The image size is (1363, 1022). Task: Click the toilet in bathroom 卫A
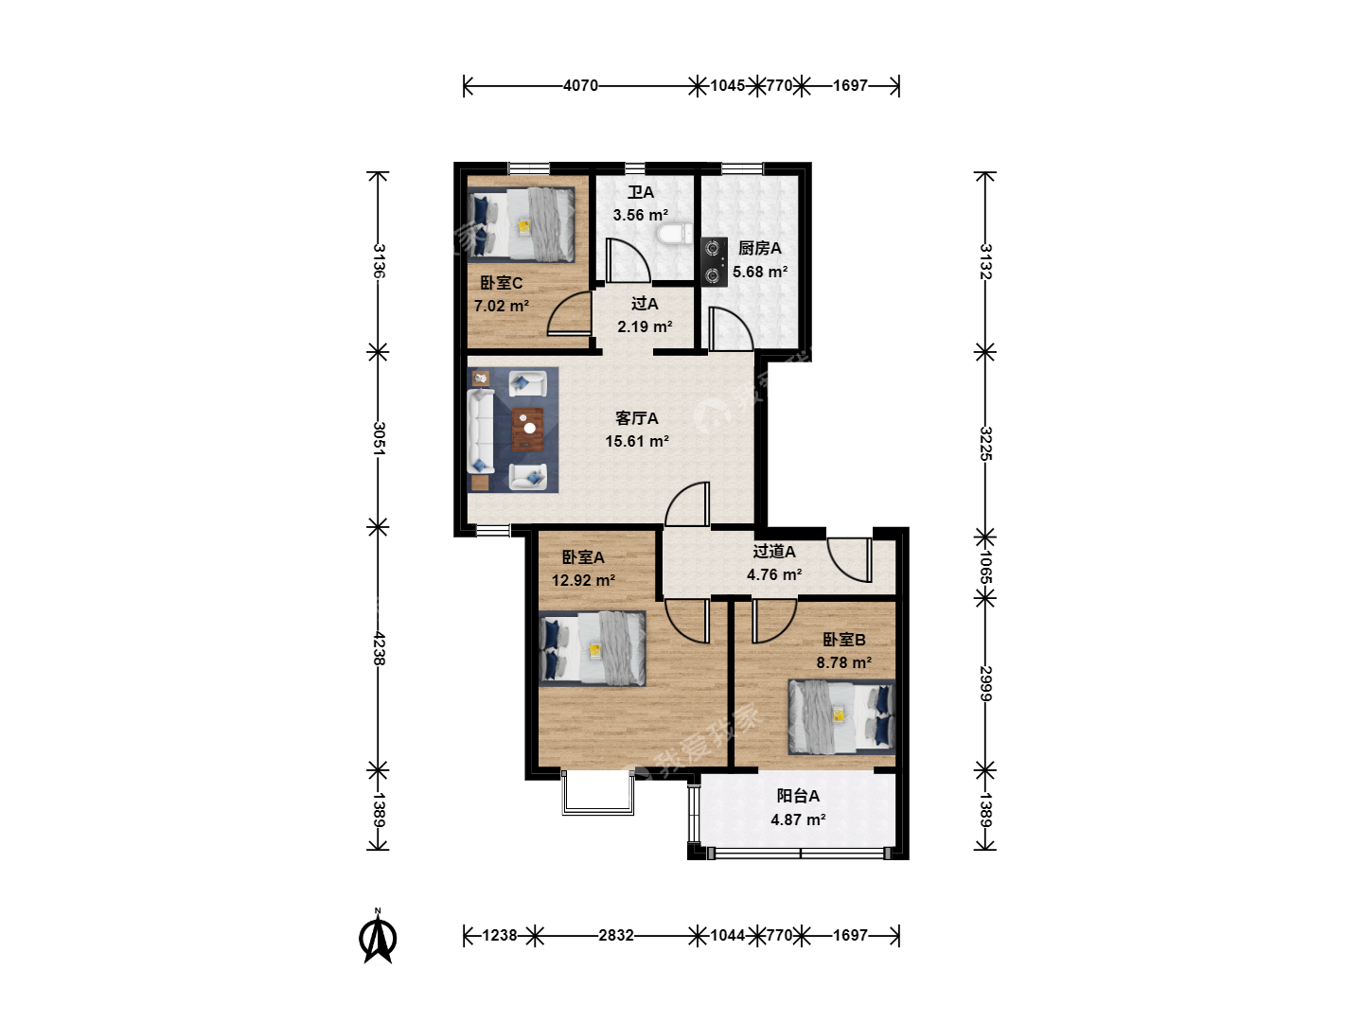[x=674, y=236]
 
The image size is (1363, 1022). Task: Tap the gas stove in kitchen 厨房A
[x=714, y=261]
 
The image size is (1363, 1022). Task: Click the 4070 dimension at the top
[x=580, y=85]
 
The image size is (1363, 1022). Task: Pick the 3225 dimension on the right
[x=985, y=443]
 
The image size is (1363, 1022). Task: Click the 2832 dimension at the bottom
[x=616, y=935]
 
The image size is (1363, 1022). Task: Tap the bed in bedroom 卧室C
[x=521, y=224]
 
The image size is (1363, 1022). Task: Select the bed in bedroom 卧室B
[x=841, y=717]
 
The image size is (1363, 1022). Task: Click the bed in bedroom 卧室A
[x=593, y=648]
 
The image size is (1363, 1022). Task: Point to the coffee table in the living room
[x=528, y=429]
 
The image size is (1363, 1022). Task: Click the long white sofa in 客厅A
[x=481, y=430]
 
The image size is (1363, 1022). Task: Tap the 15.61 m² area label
[x=637, y=441]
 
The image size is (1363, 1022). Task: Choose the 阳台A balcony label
[x=798, y=796]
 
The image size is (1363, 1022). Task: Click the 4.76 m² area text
[x=773, y=574]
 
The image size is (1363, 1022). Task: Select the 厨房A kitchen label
[x=759, y=248]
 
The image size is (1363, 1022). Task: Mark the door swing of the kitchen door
[x=731, y=329]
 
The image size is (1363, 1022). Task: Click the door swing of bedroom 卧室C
[x=568, y=313]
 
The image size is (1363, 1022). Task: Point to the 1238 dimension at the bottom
[x=500, y=935]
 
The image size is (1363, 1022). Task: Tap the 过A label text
[x=645, y=304]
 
